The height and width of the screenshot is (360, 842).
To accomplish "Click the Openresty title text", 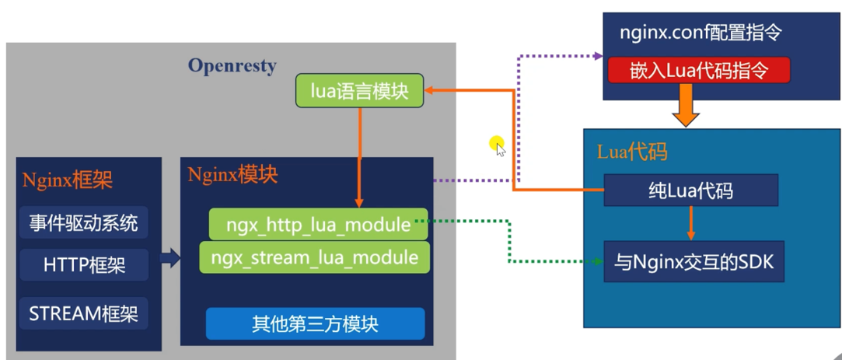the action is click(232, 66).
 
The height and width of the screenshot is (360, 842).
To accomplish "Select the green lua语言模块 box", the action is click(360, 91).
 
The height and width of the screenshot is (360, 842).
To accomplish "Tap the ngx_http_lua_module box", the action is click(319, 224).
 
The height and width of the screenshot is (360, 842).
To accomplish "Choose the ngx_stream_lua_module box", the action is click(315, 257).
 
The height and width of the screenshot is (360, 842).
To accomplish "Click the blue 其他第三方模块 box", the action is click(315, 323).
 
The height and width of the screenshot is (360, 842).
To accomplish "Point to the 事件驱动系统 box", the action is click(83, 222).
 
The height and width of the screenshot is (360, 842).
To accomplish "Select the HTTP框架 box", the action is click(83, 264).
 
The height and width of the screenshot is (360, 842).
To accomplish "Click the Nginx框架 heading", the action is click(68, 180).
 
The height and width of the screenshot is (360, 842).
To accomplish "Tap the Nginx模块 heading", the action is click(232, 175).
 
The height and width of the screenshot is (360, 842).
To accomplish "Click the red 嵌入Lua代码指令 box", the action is click(699, 70).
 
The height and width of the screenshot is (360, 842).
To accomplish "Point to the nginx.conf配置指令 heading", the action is click(701, 33).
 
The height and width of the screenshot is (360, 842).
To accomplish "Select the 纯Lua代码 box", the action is click(690, 190).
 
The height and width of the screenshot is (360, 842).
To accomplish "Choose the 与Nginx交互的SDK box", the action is click(694, 262).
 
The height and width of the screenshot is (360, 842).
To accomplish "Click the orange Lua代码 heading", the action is click(632, 152).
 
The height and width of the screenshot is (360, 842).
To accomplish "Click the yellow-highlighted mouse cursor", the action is click(498, 146).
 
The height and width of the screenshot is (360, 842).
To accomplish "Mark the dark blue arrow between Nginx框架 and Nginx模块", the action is click(171, 258).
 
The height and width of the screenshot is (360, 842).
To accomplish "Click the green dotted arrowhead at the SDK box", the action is click(599, 262).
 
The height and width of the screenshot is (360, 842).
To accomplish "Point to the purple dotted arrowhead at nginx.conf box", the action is click(599, 55).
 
